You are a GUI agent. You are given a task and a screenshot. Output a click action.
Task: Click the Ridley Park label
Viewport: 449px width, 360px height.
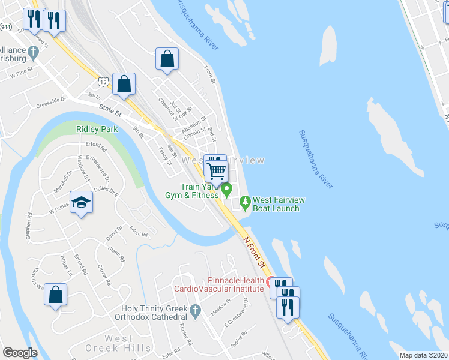point(91,129)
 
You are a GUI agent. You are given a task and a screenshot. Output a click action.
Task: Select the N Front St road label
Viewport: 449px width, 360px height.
point(253,251)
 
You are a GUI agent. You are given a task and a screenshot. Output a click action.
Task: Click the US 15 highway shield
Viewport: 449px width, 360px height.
point(104,81)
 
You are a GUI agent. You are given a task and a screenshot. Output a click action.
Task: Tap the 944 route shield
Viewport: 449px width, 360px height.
point(5,27)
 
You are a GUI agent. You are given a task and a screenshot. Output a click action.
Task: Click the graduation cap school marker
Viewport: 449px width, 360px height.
point(81,202)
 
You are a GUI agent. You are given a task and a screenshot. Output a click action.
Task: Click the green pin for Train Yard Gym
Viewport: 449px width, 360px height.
point(227,190)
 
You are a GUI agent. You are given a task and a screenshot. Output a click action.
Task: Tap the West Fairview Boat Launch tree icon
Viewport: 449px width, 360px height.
point(245,202)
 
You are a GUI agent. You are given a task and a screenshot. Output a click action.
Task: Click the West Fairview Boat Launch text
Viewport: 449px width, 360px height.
point(276,204)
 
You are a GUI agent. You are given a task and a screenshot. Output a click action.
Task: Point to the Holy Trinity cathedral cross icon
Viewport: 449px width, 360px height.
point(194,311)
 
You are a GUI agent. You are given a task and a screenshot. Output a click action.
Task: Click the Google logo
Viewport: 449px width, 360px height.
point(20,353)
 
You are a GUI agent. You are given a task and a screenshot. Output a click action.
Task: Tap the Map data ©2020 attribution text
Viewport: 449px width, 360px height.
point(423,355)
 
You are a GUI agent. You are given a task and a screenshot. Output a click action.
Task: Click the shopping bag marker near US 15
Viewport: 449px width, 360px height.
point(124,85)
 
